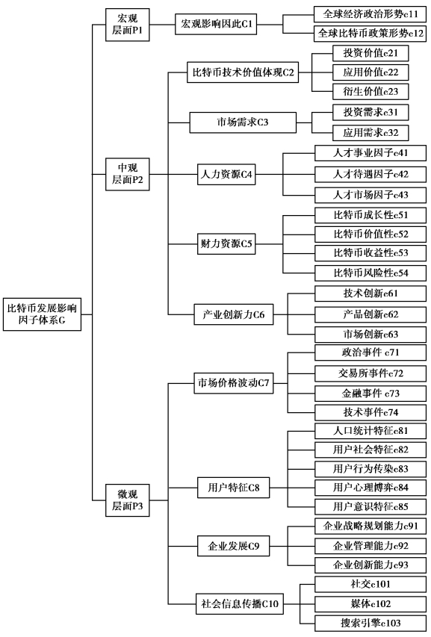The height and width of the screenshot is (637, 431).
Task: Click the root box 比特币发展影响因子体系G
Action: (x=43, y=314)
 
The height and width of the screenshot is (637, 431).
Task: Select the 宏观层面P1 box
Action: (x=128, y=25)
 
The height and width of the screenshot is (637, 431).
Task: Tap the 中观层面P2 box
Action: (x=128, y=174)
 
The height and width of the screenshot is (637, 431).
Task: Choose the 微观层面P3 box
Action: (x=128, y=500)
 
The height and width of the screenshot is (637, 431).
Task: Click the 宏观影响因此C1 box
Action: (x=216, y=25)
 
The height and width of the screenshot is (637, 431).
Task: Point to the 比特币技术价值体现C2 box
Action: (x=243, y=72)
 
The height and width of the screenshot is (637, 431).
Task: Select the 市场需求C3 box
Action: (x=243, y=122)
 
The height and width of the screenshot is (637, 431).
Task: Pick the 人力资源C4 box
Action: (x=226, y=175)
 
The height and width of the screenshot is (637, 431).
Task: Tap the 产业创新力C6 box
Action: (x=234, y=314)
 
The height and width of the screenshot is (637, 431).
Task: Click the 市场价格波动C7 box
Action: (x=234, y=383)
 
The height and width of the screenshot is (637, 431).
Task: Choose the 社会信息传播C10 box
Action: (x=240, y=603)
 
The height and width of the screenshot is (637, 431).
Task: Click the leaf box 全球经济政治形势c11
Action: (x=370, y=14)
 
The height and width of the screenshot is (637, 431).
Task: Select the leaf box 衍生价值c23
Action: (x=370, y=91)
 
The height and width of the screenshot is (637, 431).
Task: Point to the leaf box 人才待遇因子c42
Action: (x=370, y=174)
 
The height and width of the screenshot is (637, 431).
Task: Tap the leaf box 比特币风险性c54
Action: (x=370, y=273)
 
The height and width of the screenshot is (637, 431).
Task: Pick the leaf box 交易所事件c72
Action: (x=370, y=373)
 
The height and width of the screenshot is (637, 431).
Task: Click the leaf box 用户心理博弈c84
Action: (x=370, y=488)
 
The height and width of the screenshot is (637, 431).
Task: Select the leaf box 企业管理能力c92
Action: (x=370, y=546)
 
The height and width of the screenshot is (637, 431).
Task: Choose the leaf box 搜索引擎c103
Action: (x=370, y=623)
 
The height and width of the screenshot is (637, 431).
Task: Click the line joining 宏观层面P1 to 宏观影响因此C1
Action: (x=162, y=25)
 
